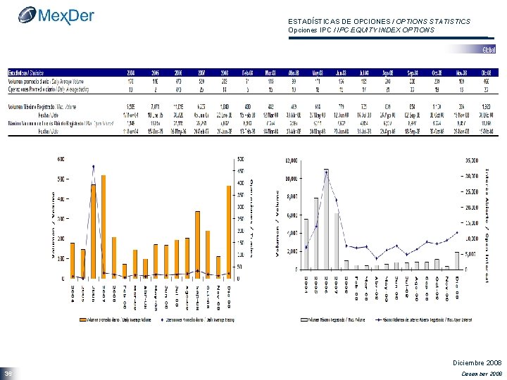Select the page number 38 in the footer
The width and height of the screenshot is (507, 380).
(x=8, y=373)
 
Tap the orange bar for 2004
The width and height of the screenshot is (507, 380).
(x=72, y=260)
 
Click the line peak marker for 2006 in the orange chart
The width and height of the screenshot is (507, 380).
(x=93, y=167)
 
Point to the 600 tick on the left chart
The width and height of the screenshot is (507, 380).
(x=62, y=158)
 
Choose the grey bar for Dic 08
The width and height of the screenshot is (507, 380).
(x=457, y=260)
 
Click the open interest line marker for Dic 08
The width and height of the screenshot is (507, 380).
(x=457, y=232)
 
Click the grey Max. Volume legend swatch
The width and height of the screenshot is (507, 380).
(x=304, y=319)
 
